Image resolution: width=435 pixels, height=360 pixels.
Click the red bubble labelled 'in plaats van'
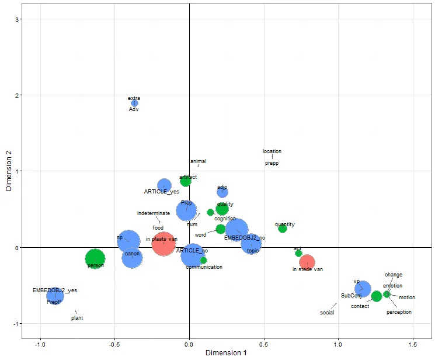pos(163,244)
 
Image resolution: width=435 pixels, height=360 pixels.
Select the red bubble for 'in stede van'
pos(307,262)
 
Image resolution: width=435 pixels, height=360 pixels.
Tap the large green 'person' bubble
pos(95,258)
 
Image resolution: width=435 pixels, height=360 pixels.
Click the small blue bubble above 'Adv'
pos(135,103)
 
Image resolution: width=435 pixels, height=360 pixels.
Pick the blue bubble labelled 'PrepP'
pos(55,296)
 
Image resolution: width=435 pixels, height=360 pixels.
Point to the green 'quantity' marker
pos(283,229)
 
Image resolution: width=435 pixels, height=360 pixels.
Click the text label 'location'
pos(272,152)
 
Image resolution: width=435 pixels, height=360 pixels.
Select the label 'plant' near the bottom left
pos(77,318)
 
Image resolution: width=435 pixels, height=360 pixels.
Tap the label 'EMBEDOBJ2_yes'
pos(54,290)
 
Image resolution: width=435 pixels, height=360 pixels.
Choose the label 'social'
pos(327,313)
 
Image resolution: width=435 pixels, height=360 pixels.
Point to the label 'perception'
pos(399,312)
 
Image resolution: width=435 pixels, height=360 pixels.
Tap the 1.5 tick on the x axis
pos(413,344)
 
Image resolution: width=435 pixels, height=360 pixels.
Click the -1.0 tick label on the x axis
pos(40,344)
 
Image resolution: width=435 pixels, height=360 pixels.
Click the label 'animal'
pos(199,161)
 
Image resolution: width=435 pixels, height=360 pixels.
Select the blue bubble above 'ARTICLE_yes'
pos(165,185)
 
